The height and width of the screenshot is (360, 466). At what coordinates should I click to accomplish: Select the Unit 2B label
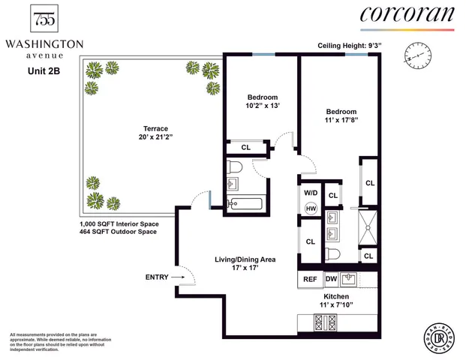(35, 72)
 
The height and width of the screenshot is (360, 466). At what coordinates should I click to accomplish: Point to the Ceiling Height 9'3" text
(351, 46)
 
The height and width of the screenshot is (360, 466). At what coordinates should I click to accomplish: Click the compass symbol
(419, 55)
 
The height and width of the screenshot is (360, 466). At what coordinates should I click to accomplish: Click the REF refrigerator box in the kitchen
(310, 279)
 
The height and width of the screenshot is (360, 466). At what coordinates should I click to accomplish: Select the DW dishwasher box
(331, 279)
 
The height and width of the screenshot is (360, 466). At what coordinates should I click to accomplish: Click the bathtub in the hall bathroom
(242, 202)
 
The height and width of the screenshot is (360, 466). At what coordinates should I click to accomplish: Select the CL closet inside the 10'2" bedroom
(245, 147)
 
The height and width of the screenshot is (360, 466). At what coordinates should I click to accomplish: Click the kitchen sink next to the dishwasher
(349, 279)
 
